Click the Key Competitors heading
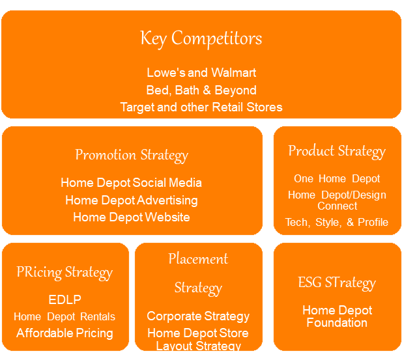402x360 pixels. [201, 38]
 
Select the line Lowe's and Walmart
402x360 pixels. [201, 72]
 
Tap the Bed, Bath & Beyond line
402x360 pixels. [201, 90]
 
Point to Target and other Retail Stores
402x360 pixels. [201, 107]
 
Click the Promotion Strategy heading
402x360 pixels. [132, 155]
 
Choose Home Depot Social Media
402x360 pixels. [132, 183]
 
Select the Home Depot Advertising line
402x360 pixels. [132, 200]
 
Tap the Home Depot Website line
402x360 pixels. [132, 217]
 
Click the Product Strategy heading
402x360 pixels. [337, 151]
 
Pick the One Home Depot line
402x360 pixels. [337, 178]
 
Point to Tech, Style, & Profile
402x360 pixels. [337, 222]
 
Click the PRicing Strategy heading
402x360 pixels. [65, 272]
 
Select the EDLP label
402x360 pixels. [65, 300]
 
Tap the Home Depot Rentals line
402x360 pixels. [65, 317]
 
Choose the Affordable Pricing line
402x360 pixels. [65, 333]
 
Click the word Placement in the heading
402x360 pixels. [198, 258]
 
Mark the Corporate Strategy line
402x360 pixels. [198, 316]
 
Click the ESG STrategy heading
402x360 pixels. [337, 283]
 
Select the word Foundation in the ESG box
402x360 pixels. [337, 323]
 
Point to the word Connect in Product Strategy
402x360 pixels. [337, 206]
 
